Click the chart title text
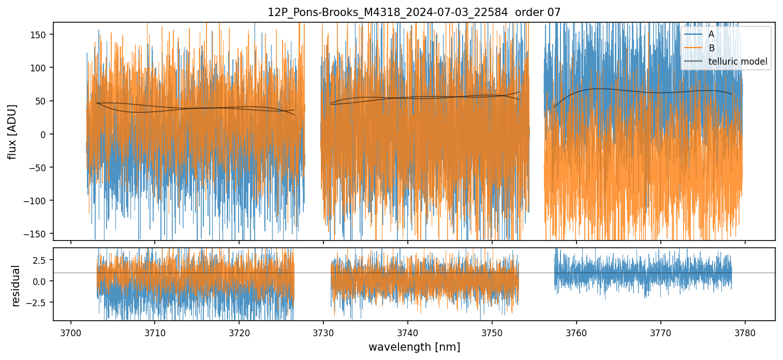point(414,12)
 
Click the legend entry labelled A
point(711,34)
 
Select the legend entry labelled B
point(711,48)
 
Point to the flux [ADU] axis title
point(12,131)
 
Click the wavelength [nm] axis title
point(414,347)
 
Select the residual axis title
point(16,285)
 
